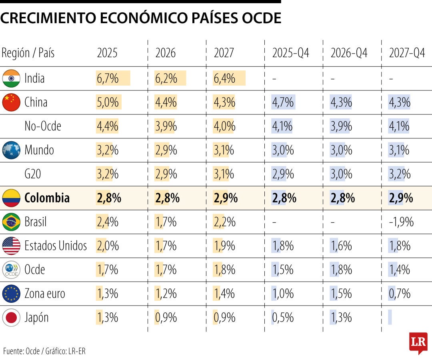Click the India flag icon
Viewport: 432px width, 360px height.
[x=11, y=78]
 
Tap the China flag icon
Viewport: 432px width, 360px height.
[x=11, y=102]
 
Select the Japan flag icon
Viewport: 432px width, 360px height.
[x=11, y=318]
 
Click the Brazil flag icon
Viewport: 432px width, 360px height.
[x=11, y=222]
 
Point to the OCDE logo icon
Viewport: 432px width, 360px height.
[x=11, y=270]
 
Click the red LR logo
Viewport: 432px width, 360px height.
[x=418, y=342]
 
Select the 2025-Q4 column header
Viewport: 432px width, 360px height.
[x=291, y=53]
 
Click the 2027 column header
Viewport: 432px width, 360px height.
[x=224, y=53]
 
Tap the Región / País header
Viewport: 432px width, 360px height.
[x=28, y=53]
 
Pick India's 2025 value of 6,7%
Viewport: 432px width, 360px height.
[x=108, y=78]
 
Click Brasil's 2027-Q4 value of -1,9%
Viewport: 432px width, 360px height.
[x=401, y=222]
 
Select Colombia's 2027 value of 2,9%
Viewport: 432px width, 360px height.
[x=226, y=198]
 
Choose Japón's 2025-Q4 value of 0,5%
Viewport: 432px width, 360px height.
[x=283, y=318]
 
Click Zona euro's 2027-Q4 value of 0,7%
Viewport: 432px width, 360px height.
[x=400, y=294]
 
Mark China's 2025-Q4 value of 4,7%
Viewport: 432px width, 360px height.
[x=283, y=102]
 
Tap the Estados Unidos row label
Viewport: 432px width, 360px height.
[x=56, y=246]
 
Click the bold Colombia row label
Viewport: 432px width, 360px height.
[x=47, y=198]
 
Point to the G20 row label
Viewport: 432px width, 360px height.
[x=33, y=174]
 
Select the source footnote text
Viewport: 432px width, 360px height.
[x=44, y=352]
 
